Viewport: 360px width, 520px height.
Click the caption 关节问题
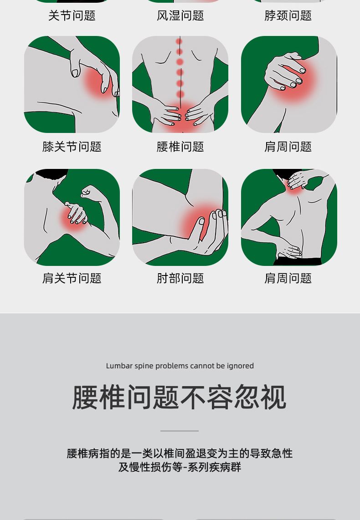click(72, 15)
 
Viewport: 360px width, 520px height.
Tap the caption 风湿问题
click(180, 15)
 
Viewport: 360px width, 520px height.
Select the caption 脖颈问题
click(288, 15)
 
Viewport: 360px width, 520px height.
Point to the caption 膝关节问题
click(72, 147)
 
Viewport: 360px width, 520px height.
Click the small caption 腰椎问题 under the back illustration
click(180, 147)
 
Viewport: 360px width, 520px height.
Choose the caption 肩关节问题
click(72, 278)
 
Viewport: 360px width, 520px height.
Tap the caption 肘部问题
click(180, 278)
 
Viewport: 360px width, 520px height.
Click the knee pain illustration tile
click(72, 84)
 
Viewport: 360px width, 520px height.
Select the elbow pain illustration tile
click(180, 217)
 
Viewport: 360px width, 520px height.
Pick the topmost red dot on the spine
click(179, 41)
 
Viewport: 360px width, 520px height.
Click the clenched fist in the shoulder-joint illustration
click(88, 192)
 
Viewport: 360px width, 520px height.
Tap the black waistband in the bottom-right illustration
click(298, 261)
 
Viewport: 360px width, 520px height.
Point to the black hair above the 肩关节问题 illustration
click(51, 174)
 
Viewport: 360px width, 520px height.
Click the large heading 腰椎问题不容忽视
click(179, 397)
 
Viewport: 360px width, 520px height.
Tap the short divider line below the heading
click(180, 431)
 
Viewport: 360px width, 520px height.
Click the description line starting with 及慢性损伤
click(180, 467)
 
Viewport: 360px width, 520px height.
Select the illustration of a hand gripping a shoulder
click(289, 84)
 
